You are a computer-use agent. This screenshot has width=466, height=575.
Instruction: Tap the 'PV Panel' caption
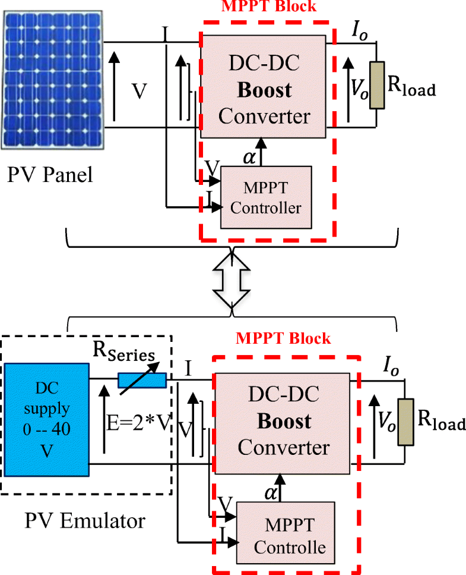point(50,177)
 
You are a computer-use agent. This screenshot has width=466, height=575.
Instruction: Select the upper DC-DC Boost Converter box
point(264,86)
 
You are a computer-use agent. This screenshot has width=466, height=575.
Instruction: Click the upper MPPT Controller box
point(265,197)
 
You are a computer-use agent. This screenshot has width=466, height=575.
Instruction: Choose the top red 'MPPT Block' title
point(269,7)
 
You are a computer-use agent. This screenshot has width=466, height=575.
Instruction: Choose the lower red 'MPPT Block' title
point(283,338)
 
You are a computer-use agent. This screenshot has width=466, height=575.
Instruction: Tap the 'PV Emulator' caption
point(84,521)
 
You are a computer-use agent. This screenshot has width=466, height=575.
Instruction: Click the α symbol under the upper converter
point(250,156)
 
